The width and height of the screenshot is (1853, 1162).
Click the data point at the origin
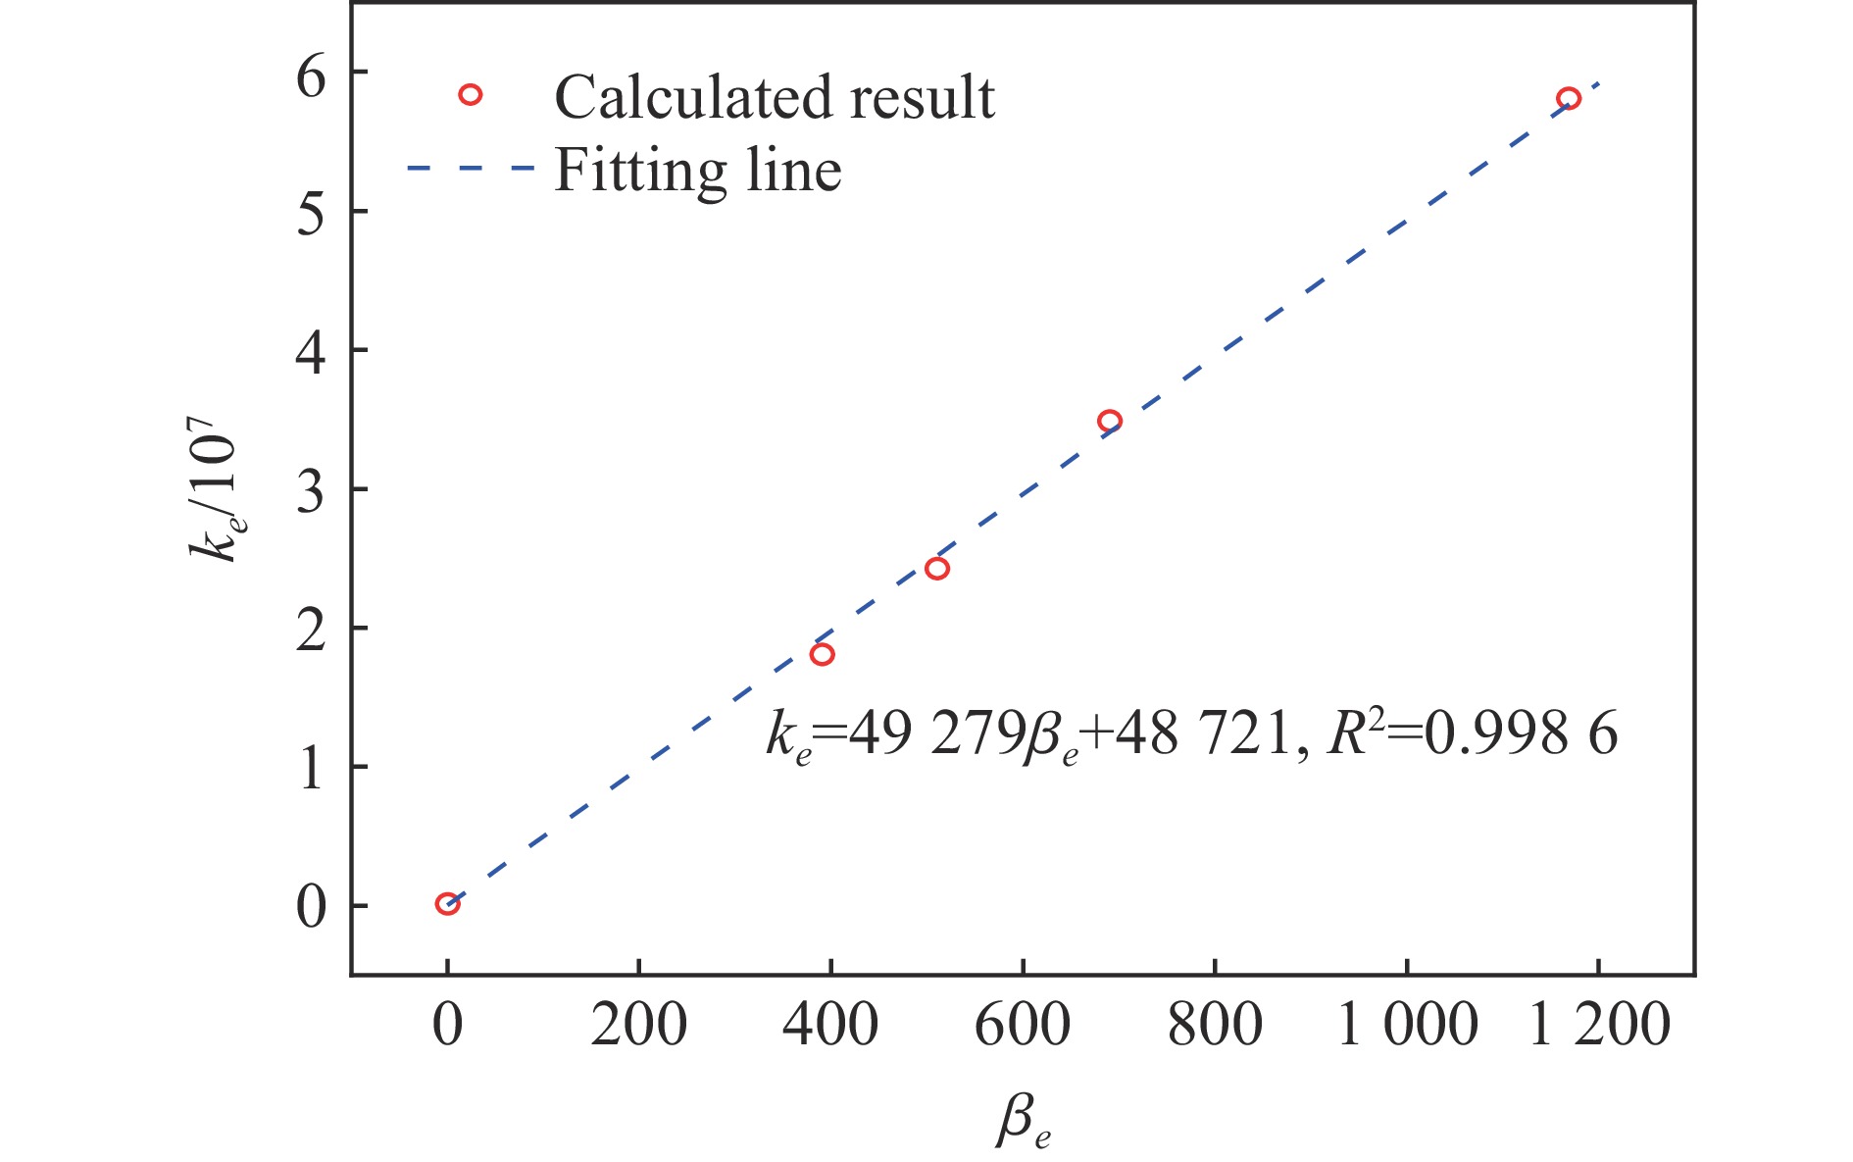(447, 903)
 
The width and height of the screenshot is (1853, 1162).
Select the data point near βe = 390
(822, 654)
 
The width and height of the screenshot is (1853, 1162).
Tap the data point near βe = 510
(936, 569)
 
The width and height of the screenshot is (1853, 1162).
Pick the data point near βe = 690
(1109, 421)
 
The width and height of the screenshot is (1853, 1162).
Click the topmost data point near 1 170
(1568, 98)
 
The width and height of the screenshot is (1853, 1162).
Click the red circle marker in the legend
(471, 95)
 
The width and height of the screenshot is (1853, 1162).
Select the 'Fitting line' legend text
(698, 171)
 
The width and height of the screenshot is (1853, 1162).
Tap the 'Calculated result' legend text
(775, 97)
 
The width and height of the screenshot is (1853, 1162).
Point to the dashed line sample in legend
(471, 169)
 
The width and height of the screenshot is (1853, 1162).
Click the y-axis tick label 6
(311, 76)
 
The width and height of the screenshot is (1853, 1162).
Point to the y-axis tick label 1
(311, 769)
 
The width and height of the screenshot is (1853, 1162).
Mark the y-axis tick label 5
(311, 214)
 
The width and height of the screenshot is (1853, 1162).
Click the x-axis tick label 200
(638, 1026)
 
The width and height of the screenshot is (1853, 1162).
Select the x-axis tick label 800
(1215, 1026)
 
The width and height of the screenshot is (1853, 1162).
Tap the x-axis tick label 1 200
(1599, 1026)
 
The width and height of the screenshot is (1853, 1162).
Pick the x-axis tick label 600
(1023, 1026)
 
